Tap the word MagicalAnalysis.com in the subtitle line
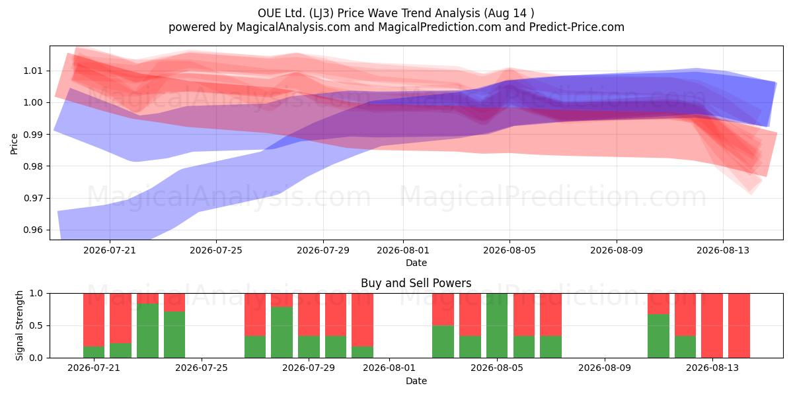pos(293,27)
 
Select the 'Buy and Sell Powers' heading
pos(416,283)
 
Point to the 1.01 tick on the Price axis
pos(32,71)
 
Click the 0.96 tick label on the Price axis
pos(32,230)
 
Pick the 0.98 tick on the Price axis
pos(32,166)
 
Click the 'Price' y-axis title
pos(14,144)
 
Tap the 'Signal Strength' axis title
pos(19,325)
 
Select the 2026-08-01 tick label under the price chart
pos(403,250)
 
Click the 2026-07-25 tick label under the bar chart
pos(202,368)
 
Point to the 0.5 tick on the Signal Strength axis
pos(36,325)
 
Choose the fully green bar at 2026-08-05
pos(497,325)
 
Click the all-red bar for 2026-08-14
pos(739,325)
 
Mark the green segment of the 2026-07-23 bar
pos(147,331)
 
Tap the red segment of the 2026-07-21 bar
pos(94,320)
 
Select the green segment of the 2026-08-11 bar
pos(658,336)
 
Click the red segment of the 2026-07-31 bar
pos(363,320)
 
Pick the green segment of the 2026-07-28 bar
pos(282,333)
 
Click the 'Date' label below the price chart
pos(416,263)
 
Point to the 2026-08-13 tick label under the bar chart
pos(712,368)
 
